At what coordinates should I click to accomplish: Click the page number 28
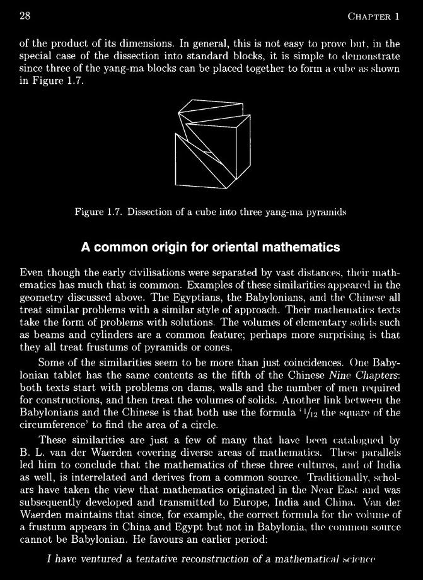coord(26,16)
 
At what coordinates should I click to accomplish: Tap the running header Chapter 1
coord(374,16)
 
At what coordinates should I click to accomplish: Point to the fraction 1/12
coord(307,413)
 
